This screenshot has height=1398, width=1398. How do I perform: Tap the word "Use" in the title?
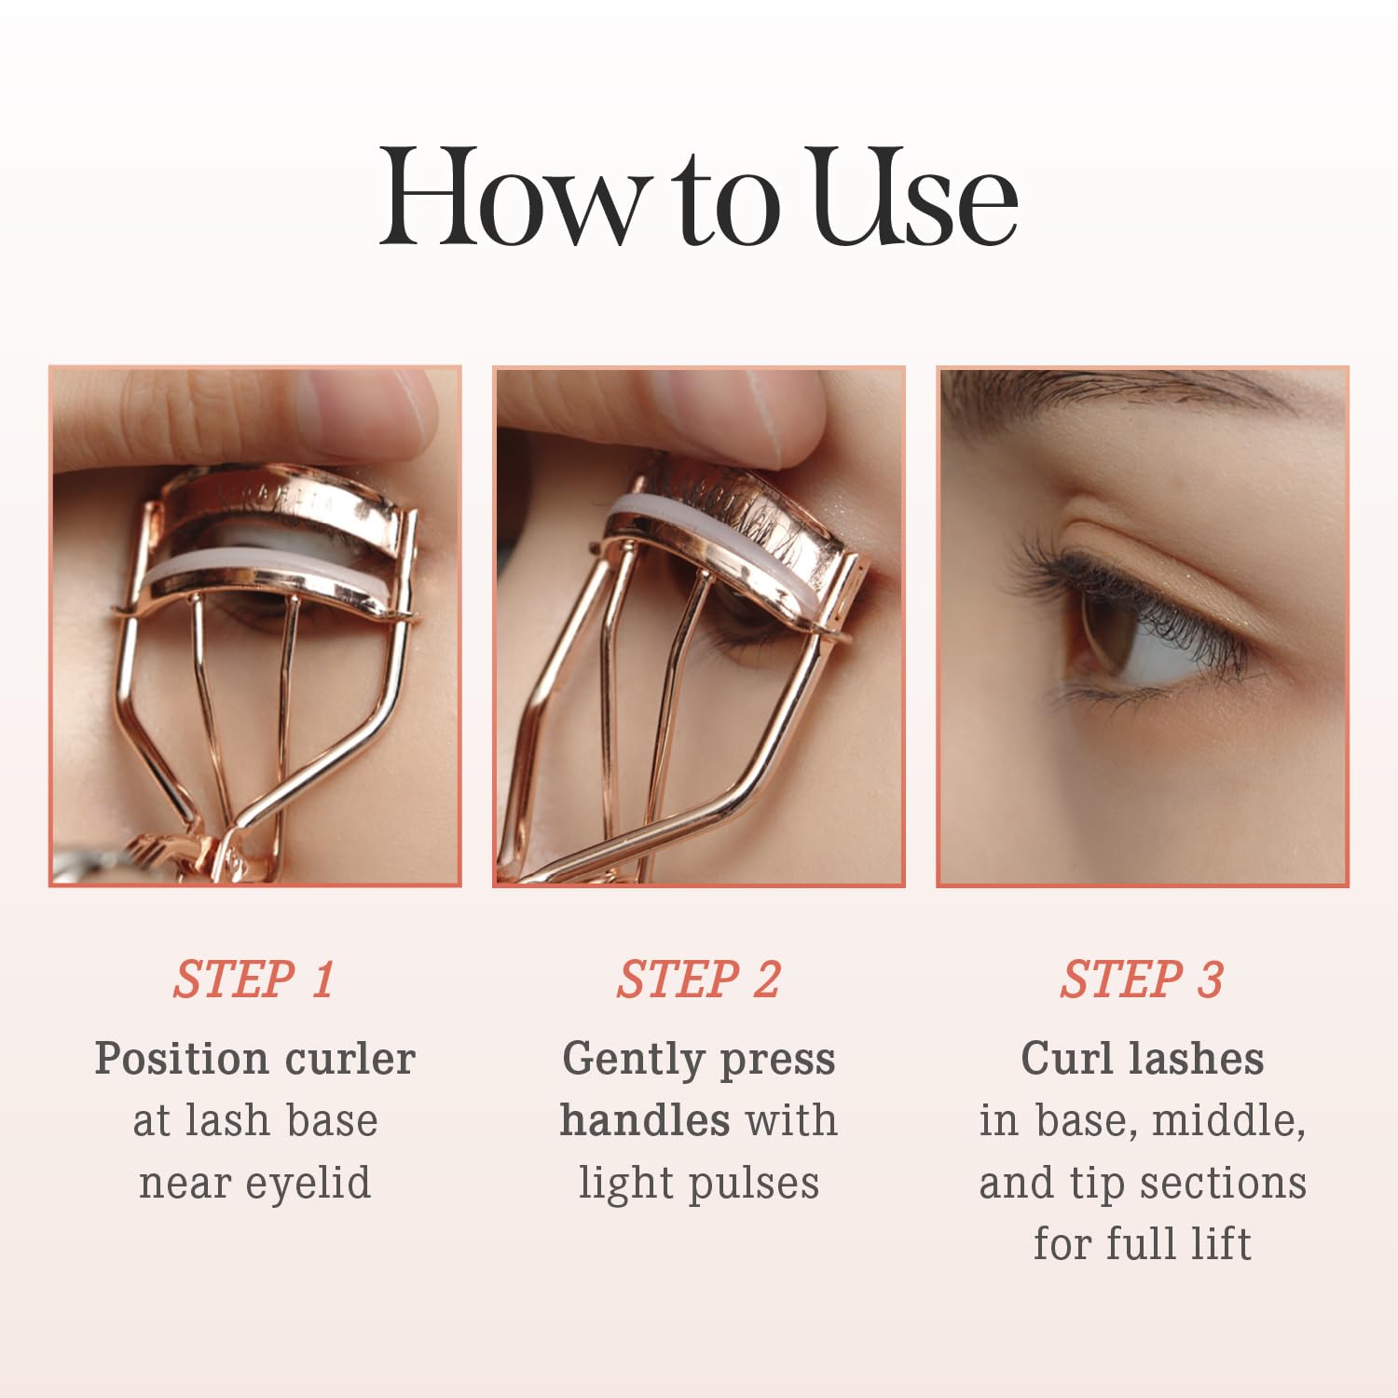pyautogui.click(x=915, y=198)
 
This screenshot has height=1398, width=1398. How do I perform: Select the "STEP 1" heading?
pyautogui.click(x=254, y=980)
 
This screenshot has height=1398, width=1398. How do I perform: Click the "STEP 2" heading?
pyautogui.click(x=698, y=980)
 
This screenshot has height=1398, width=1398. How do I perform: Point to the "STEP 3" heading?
pyautogui.click(x=1142, y=980)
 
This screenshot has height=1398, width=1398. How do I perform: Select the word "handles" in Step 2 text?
pyautogui.click(x=645, y=1120)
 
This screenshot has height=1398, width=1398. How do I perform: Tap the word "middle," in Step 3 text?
pyautogui.click(x=1228, y=1121)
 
